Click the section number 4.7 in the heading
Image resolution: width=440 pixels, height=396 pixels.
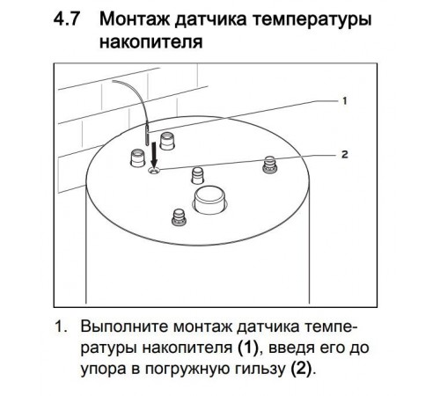coord(66,19)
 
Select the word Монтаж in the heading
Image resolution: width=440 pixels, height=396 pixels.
coord(136,19)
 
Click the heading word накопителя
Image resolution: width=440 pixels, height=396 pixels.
coord(151,42)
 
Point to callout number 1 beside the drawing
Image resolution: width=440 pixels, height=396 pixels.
coord(344,101)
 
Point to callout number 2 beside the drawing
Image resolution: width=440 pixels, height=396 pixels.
coord(345,154)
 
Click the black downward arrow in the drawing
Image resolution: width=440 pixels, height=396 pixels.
coord(154,155)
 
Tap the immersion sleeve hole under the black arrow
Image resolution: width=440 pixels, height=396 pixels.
coord(154,171)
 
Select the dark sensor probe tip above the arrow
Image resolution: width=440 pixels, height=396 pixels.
coord(147,135)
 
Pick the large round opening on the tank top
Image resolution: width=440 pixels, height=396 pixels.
coord(209,200)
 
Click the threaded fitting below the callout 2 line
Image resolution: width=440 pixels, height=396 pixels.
coord(270,165)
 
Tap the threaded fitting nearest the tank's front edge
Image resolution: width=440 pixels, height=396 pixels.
coord(179,216)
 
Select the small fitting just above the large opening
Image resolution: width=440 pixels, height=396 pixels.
coord(197,175)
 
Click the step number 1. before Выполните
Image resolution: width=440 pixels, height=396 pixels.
coord(61,326)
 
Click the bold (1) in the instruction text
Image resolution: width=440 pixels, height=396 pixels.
coord(247,348)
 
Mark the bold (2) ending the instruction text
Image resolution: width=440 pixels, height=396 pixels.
coord(301,370)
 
